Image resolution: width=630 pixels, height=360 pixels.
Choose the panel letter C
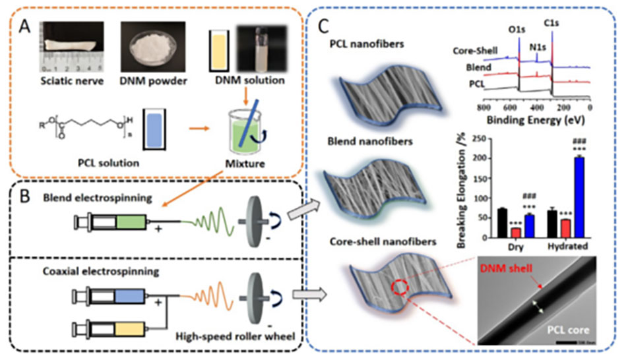click(x=323, y=27)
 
